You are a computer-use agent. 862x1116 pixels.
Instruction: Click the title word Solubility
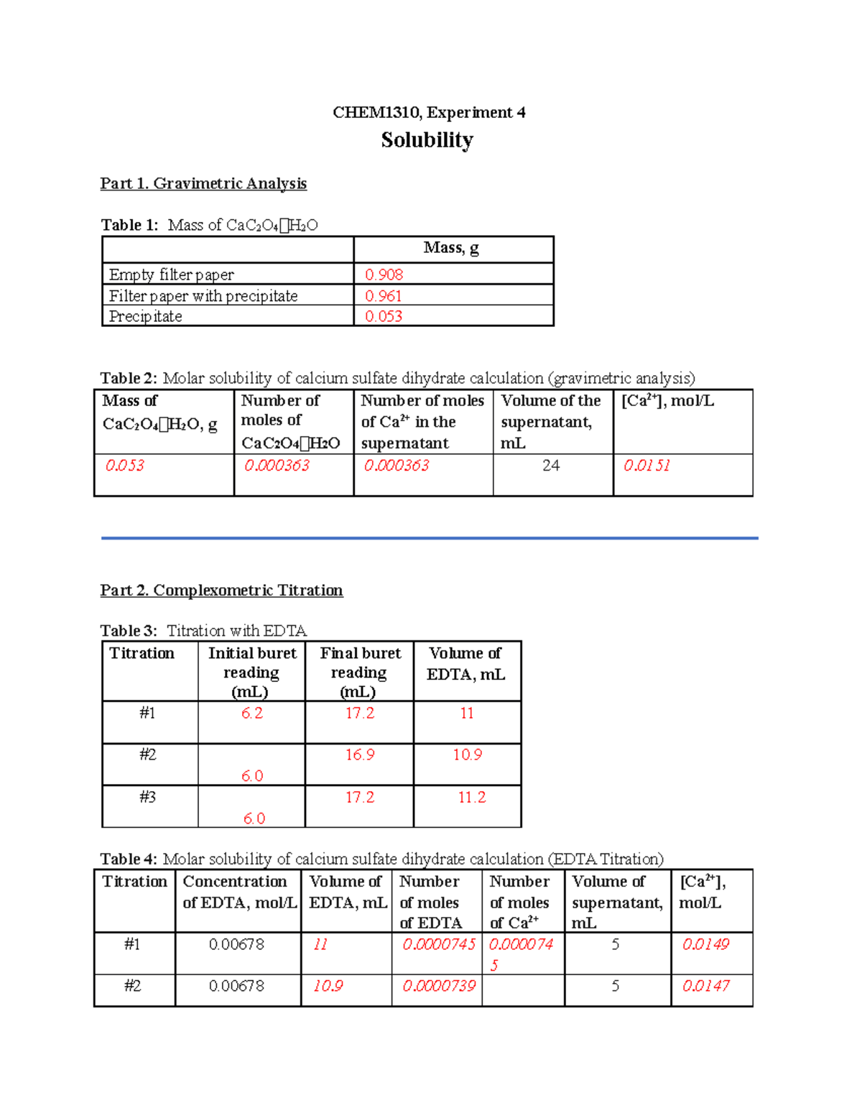[x=427, y=140]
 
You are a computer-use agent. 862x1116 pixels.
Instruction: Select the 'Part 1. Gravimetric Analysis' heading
[x=203, y=184]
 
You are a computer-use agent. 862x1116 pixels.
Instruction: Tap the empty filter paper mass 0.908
[x=384, y=275]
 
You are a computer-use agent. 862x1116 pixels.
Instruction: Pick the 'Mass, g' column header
[x=451, y=248]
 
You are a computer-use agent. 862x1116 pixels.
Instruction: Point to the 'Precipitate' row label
[x=146, y=316]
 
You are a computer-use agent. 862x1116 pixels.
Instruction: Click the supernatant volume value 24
[x=551, y=466]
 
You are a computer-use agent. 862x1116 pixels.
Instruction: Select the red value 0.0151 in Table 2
[x=646, y=466]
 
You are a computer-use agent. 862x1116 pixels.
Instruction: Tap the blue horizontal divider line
[x=430, y=538]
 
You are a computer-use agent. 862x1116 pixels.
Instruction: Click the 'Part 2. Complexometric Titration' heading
[x=221, y=591]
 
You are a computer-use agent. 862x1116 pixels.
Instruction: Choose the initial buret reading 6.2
[x=252, y=713]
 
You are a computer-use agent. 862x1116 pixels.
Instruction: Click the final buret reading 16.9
[x=360, y=755]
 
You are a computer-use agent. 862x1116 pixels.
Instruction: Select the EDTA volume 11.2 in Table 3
[x=472, y=797]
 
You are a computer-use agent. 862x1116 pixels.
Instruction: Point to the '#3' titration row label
[x=147, y=797]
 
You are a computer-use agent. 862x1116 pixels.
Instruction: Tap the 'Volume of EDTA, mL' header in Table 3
[x=466, y=663]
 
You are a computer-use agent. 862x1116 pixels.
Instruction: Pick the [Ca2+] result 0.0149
[x=705, y=944]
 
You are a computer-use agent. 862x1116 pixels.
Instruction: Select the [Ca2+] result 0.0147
[x=705, y=986]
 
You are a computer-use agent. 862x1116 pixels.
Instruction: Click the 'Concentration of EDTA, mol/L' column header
[x=239, y=892]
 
